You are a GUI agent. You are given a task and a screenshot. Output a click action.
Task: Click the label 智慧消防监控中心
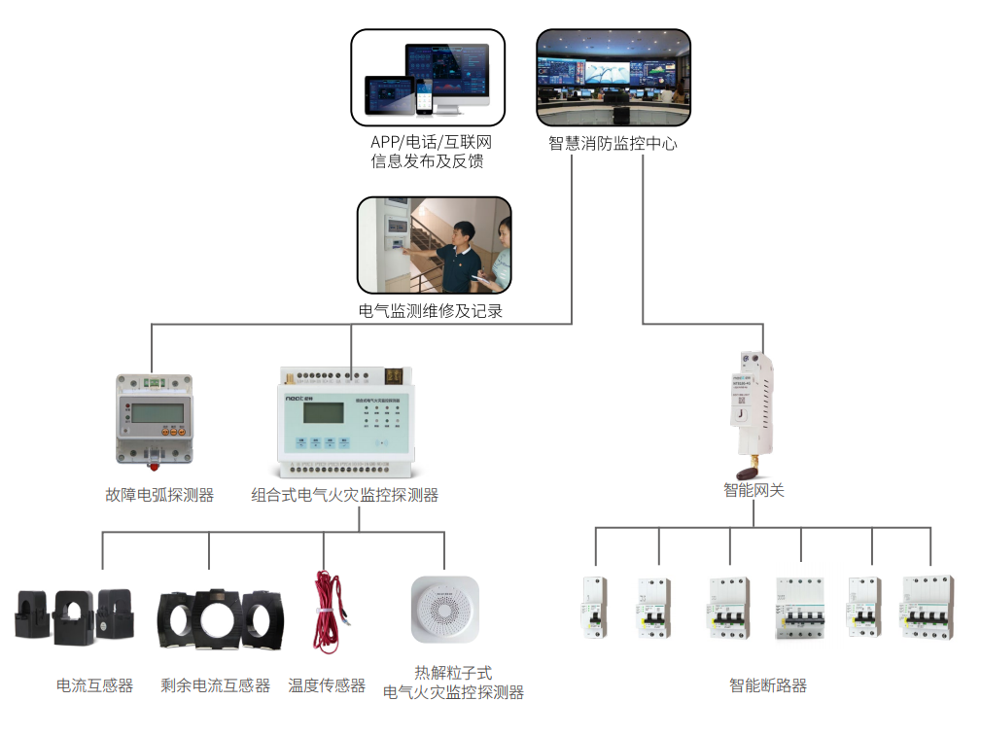point(613,144)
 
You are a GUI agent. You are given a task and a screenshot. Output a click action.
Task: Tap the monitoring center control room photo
point(613,77)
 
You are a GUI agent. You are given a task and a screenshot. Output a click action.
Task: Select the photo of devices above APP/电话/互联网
point(428,77)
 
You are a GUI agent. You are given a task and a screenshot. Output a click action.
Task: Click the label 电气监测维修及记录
point(431,312)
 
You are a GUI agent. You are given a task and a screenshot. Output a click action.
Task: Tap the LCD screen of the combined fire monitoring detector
point(326,412)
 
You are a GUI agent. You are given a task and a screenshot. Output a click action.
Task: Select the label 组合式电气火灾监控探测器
point(345,495)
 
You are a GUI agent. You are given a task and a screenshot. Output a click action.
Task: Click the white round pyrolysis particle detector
point(445,610)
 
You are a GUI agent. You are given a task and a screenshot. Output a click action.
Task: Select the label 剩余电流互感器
point(216,685)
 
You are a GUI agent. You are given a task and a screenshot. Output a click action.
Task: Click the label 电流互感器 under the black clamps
point(94,685)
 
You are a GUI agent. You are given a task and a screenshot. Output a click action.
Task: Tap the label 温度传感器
point(327,685)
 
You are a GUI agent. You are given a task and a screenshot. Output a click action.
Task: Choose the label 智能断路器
point(768,685)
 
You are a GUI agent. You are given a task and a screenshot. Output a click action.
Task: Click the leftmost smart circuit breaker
point(594,608)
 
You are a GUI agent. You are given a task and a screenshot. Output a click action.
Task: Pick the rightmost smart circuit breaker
point(928,608)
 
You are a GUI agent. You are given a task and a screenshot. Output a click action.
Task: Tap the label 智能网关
point(753,491)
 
